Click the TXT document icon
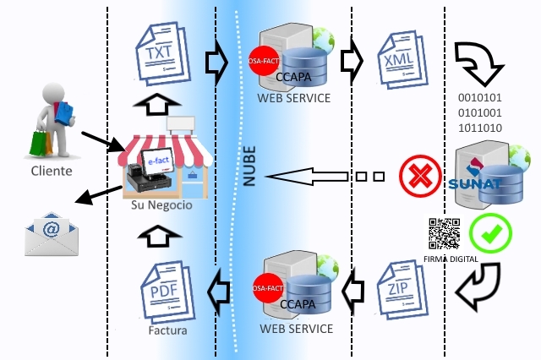pos(161,54)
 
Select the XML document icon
pos(396,61)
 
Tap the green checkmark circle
pos(488,231)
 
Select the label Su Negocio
pos(161,205)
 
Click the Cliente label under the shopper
pos(52,171)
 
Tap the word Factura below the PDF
pos(167,330)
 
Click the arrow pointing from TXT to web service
pos(216,62)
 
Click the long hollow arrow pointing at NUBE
pos(309,177)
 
